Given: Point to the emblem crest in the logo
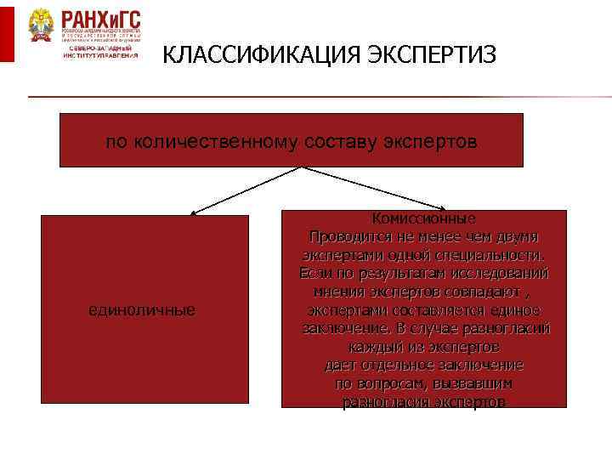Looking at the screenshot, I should (x=39, y=28).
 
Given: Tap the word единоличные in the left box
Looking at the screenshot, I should (x=142, y=310).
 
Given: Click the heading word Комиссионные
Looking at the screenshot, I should (x=423, y=218).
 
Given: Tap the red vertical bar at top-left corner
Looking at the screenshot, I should (x=6, y=31).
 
